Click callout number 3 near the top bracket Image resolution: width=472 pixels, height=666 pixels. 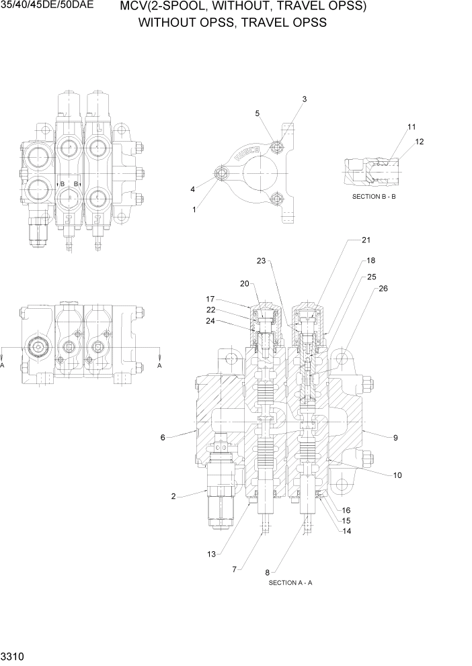coord(304,99)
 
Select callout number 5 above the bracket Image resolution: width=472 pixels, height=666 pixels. coord(257,113)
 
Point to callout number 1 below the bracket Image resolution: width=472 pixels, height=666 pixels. coord(194,209)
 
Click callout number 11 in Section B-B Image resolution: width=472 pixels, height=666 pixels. coord(411,127)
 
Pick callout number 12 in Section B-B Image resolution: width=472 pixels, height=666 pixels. coord(420,142)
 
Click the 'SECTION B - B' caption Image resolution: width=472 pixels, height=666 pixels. coord(374,197)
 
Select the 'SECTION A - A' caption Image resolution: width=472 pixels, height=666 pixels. coord(290,582)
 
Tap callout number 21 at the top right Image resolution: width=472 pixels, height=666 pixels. coord(366,240)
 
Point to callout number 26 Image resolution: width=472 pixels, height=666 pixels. coord(383,289)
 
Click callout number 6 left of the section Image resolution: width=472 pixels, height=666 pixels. coord(163,438)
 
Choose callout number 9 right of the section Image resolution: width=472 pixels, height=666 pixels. coord(395,438)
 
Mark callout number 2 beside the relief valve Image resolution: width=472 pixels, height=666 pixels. coord(173,497)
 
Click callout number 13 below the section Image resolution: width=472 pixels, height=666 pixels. coord(211,554)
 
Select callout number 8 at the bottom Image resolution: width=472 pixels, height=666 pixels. coord(268,572)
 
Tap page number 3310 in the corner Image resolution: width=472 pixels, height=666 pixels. coord(10,653)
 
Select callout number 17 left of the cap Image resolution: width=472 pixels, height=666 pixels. coord(210,299)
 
